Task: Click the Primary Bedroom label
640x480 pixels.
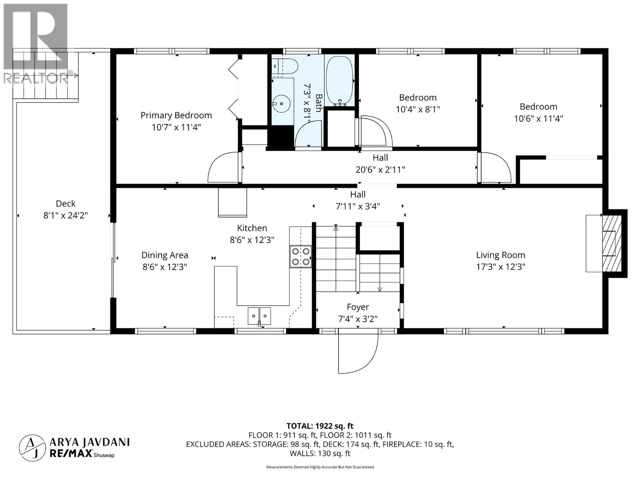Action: click(x=176, y=116)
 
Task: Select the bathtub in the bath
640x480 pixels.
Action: click(x=339, y=80)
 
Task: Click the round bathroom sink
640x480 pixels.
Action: click(x=283, y=104)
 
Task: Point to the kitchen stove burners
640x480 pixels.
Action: click(x=301, y=256)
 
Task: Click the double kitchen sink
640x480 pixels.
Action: click(x=259, y=316)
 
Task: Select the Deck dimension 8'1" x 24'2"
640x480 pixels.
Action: click(x=66, y=215)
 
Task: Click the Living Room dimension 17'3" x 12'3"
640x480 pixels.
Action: click(x=500, y=267)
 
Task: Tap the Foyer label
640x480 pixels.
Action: click(x=358, y=307)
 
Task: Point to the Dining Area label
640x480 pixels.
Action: click(x=165, y=255)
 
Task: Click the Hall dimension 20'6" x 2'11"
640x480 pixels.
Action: click(x=380, y=170)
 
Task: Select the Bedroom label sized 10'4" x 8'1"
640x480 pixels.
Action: click(x=418, y=98)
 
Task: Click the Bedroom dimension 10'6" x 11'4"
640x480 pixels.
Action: click(x=538, y=118)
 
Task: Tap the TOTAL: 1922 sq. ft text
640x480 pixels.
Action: click(x=320, y=426)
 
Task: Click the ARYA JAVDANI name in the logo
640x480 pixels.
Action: click(x=90, y=442)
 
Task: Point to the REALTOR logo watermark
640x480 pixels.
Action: click(x=36, y=44)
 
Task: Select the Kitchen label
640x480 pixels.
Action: click(x=252, y=228)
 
